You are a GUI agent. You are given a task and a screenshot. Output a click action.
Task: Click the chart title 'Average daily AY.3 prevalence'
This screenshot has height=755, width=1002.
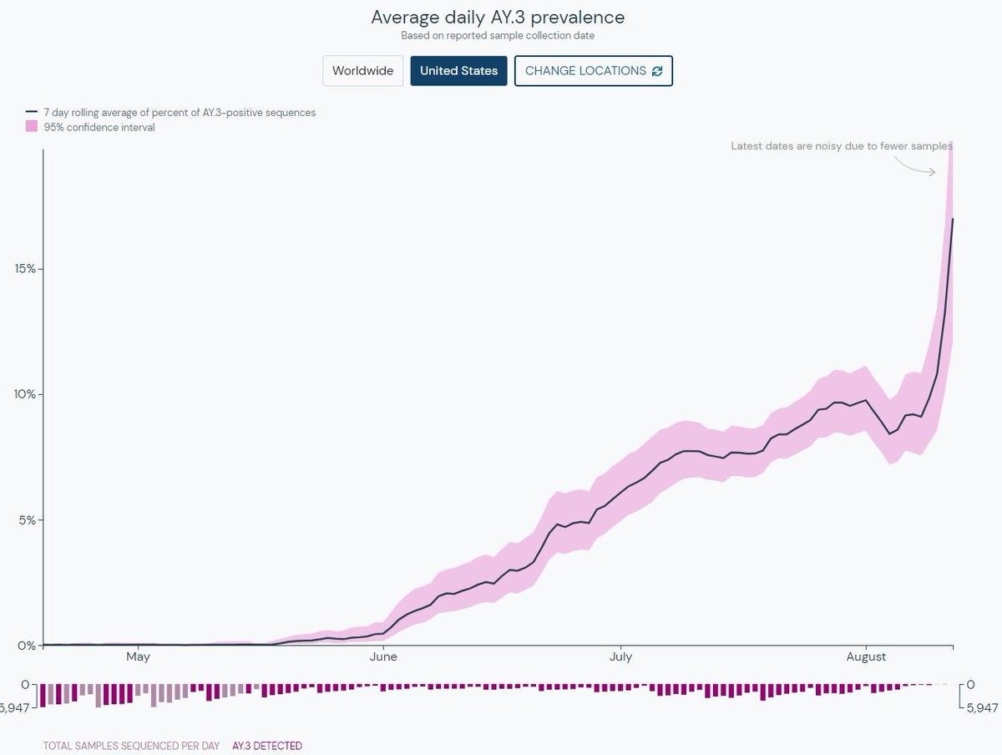pos(498,18)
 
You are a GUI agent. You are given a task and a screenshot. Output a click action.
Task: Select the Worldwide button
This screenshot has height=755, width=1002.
pos(362,71)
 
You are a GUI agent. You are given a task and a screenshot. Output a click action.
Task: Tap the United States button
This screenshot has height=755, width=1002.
pos(458,71)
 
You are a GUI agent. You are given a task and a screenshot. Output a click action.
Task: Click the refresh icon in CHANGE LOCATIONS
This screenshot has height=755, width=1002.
pos(657,71)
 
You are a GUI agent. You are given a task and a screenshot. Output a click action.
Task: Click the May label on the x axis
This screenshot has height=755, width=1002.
pos(138,657)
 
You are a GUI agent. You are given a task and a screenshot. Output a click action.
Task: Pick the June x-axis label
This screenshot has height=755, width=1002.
pos(383,657)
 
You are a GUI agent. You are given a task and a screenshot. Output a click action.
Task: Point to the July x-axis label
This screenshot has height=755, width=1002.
pos(620,657)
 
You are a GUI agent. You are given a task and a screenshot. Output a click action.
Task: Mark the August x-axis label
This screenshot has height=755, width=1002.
pos(866,657)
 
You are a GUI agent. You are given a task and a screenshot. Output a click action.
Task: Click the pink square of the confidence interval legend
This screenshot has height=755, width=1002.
pos(32,127)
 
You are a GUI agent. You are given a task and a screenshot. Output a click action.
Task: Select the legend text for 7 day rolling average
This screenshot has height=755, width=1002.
pos(180,112)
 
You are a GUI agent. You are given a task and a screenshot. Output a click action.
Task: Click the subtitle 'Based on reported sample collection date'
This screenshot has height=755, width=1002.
pos(498,36)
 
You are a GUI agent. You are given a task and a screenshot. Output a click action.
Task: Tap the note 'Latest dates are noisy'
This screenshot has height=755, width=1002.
pos(841,146)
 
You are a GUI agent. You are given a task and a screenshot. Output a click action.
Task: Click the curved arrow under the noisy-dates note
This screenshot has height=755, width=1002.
pos(916,166)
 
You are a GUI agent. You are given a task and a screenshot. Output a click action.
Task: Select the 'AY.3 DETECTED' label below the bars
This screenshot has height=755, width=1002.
pos(267,746)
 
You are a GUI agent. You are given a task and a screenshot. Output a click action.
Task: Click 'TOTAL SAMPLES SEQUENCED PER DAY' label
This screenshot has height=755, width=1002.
pos(131,746)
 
